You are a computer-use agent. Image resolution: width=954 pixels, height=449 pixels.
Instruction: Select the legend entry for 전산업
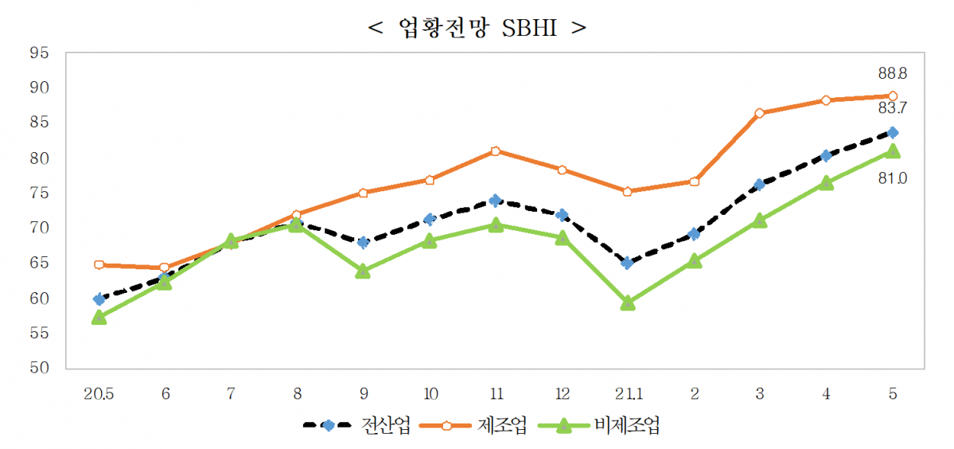coord(356,425)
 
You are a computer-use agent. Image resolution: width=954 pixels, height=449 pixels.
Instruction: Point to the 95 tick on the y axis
coord(39,53)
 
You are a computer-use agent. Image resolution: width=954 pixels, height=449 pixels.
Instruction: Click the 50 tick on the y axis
coord(39,368)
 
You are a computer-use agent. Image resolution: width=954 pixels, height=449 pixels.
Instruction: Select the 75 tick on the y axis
coord(39,193)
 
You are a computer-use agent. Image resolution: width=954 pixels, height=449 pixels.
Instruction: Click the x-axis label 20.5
coord(99,393)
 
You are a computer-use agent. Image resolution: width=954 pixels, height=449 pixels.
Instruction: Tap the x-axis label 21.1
coord(627,393)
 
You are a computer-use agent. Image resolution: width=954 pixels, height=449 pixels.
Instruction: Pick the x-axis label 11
coord(495,393)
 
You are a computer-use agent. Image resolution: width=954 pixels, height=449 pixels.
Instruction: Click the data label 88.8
coord(892,73)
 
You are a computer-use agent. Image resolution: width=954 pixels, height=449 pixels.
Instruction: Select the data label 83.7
coord(892,108)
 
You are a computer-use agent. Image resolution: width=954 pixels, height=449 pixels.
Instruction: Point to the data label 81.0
coord(892,179)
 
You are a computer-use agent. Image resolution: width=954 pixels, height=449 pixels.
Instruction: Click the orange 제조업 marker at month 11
coord(495,150)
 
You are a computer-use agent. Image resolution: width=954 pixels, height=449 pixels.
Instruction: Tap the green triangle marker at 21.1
coord(627,303)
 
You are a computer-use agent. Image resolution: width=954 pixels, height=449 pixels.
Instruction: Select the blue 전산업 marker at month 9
coord(363,242)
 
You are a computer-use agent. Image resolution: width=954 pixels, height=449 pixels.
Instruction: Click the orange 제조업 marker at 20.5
coord(99,264)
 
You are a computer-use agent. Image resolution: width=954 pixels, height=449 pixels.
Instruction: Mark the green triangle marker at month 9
coord(363,271)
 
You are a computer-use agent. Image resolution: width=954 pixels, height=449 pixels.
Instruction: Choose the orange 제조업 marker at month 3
coord(759,113)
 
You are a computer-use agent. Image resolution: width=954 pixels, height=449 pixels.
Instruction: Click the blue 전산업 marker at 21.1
coord(627,263)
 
